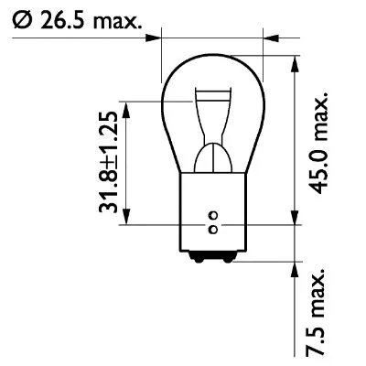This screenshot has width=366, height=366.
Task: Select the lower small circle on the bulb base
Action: click(213, 228)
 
